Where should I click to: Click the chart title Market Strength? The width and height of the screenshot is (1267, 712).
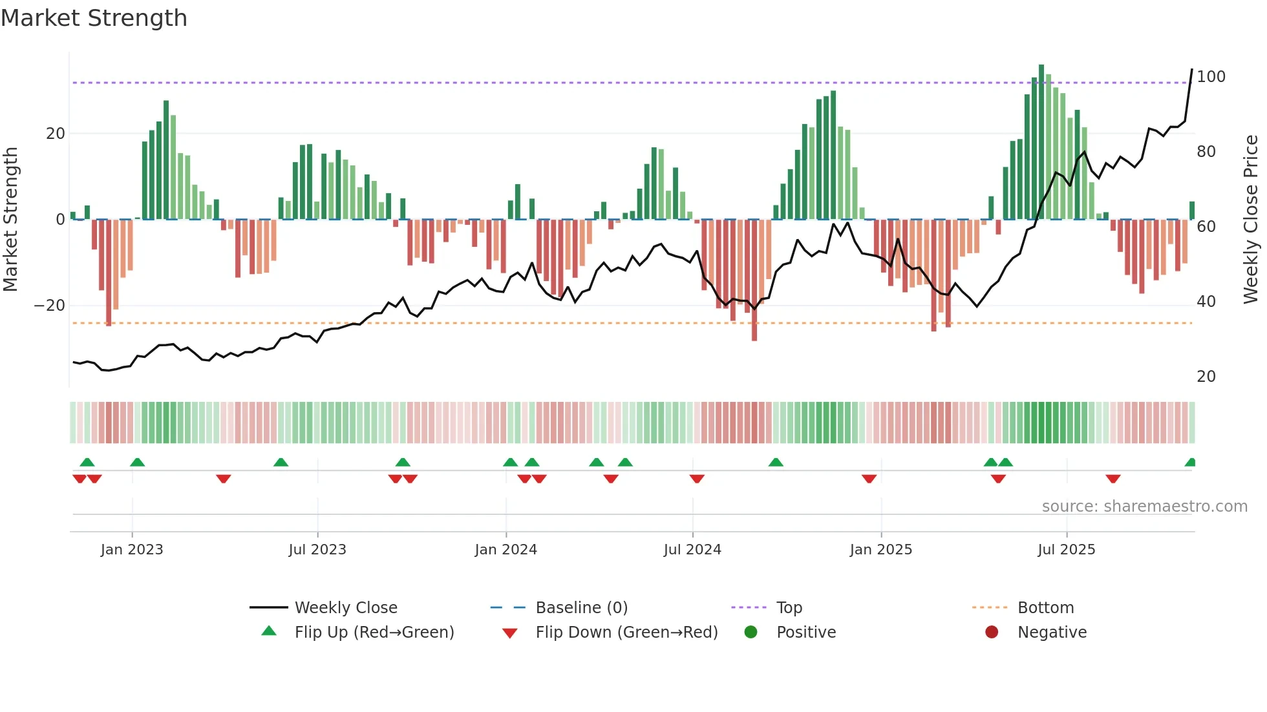[94, 18]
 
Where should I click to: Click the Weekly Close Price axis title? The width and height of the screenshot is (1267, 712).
[1251, 219]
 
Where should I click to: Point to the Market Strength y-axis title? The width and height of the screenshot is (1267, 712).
[11, 219]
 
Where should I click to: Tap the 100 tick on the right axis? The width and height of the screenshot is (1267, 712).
[1211, 77]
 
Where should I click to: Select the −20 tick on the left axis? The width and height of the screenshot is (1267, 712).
[50, 306]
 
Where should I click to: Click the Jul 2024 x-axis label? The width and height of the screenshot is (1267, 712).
[692, 550]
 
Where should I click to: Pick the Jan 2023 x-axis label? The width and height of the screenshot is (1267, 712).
[132, 550]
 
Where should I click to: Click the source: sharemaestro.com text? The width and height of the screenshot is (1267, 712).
[1144, 507]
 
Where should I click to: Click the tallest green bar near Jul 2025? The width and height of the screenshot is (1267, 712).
[1041, 142]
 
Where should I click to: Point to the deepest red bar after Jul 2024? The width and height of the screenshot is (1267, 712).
[754, 281]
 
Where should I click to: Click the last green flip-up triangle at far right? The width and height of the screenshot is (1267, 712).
[1191, 463]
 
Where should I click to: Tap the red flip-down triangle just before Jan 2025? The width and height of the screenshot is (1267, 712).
[869, 479]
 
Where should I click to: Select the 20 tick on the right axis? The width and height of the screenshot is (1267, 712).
[1206, 377]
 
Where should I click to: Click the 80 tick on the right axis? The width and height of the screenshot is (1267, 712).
[1206, 152]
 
